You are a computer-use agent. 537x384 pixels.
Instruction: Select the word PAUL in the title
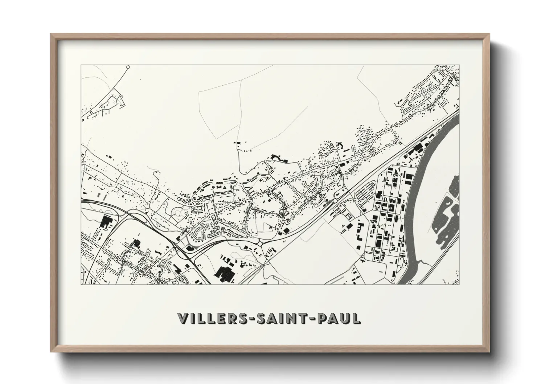pos(339,318)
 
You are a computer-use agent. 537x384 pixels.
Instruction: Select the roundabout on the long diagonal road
pos(335,200)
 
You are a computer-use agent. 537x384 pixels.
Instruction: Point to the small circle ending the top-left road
pos(127,67)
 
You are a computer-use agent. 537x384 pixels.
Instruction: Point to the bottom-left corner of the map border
pos(81,285)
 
